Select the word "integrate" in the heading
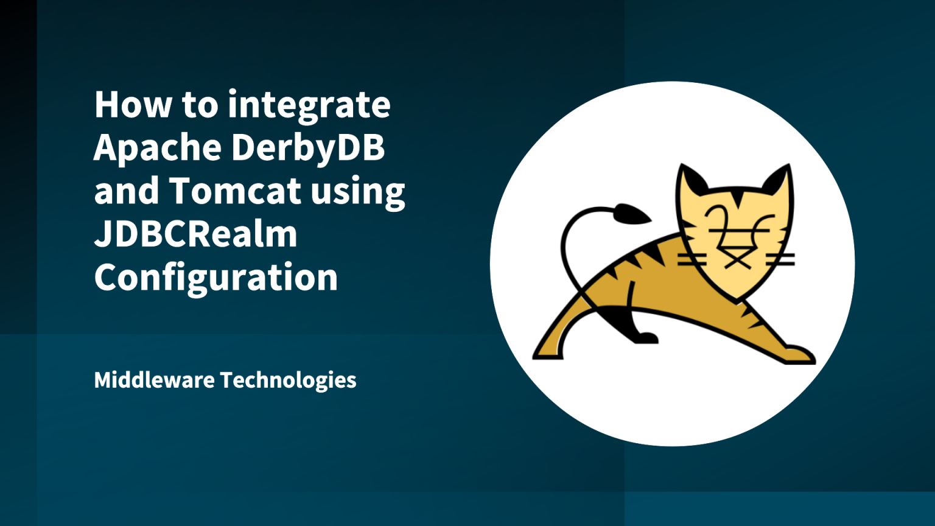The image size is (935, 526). click(309, 106)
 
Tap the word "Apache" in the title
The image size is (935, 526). click(156, 148)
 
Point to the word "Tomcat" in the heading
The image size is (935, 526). click(235, 191)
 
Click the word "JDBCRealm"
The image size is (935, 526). click(195, 234)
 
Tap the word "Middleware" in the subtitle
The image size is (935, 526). click(154, 380)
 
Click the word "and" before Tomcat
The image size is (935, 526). click(125, 191)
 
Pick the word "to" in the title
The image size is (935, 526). click(200, 105)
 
